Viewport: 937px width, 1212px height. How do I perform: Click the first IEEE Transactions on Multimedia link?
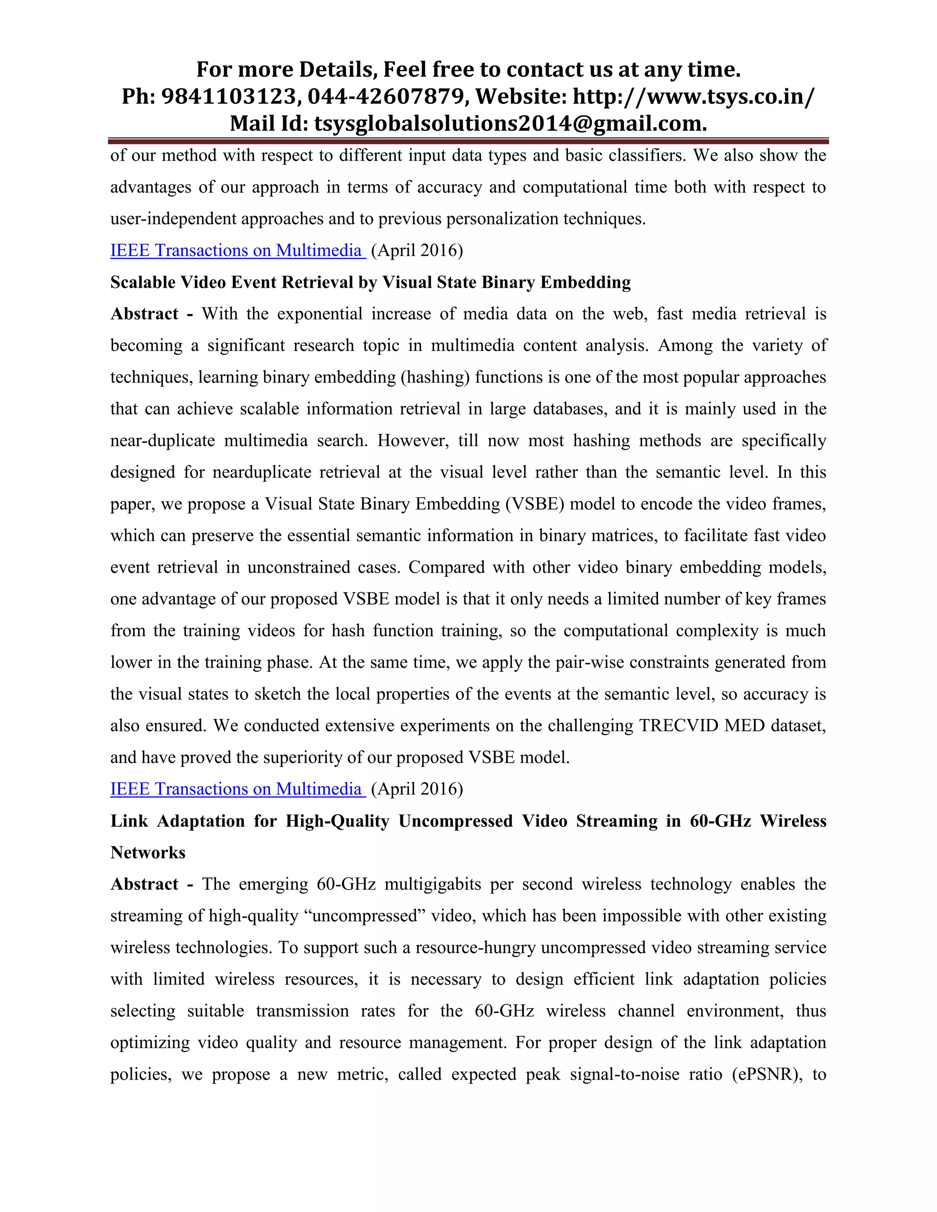click(237, 250)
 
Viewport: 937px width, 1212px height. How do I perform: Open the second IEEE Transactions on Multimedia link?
click(237, 788)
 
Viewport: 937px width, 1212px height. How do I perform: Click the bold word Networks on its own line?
click(148, 853)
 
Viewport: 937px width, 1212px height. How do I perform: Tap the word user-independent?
click(173, 219)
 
